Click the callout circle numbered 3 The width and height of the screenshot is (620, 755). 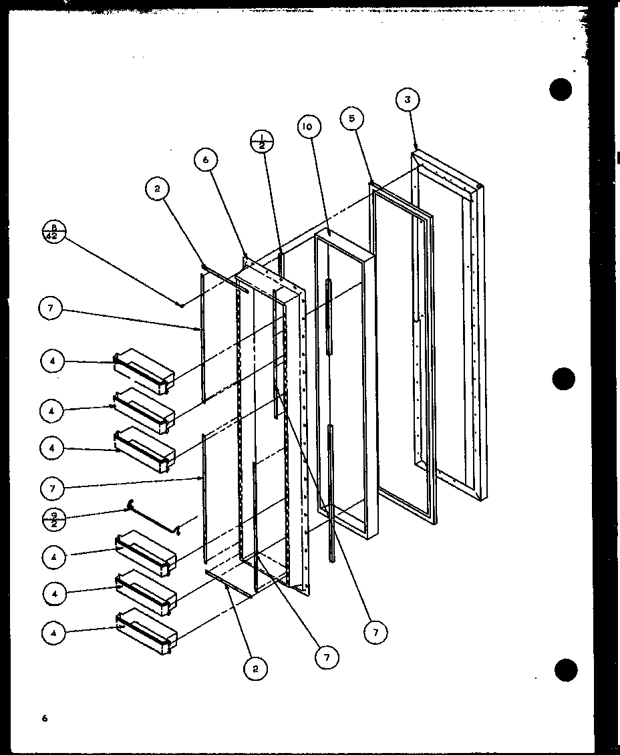coord(408,100)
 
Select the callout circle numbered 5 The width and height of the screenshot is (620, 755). coord(351,120)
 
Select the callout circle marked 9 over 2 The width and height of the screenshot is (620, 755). coord(53,518)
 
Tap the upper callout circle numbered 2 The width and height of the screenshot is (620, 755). coord(158,189)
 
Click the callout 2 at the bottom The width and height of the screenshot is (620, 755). coord(255,667)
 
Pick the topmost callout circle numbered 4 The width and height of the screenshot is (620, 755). coord(53,361)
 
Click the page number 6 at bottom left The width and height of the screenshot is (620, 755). coord(45,719)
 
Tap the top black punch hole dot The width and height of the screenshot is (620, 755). coord(560,90)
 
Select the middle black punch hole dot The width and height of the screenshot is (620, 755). coord(563,379)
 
